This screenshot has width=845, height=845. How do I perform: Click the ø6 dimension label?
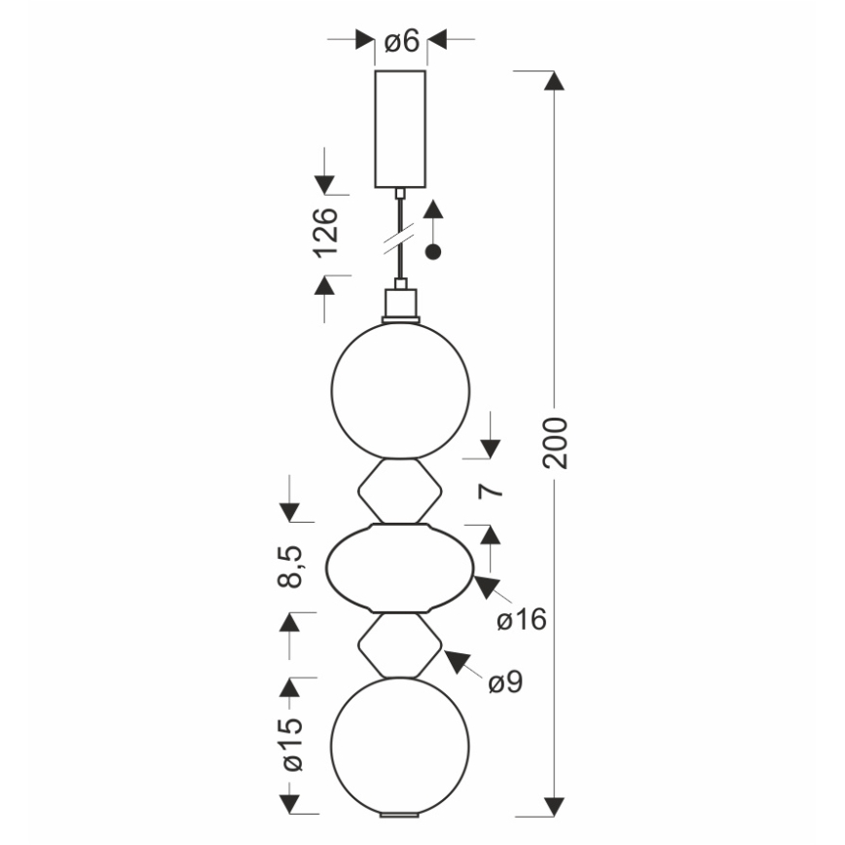tap(401, 41)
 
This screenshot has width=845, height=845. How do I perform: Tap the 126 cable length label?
tap(326, 233)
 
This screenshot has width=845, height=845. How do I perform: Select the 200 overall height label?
tap(556, 442)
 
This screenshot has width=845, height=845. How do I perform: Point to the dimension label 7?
tap(491, 491)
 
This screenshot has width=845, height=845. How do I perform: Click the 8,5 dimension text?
tap(291, 567)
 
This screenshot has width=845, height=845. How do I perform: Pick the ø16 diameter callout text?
tap(521, 620)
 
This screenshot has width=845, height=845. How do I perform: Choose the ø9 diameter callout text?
tap(505, 682)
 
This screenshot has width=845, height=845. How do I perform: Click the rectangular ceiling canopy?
tap(400, 129)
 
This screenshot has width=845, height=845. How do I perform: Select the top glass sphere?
tap(400, 390)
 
